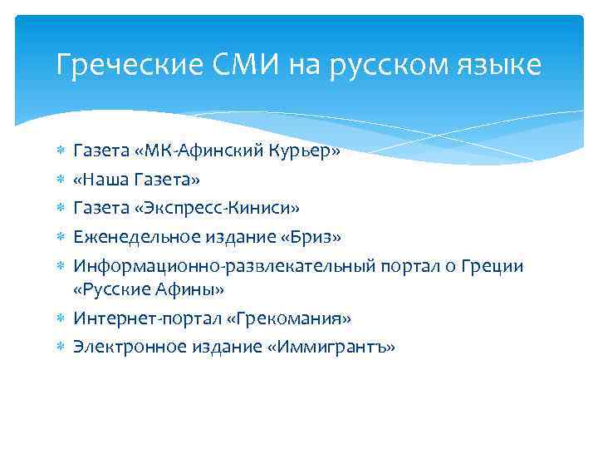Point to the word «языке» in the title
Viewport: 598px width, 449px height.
pyautogui.click(x=499, y=64)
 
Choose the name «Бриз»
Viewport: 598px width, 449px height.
pyautogui.click(x=313, y=237)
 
